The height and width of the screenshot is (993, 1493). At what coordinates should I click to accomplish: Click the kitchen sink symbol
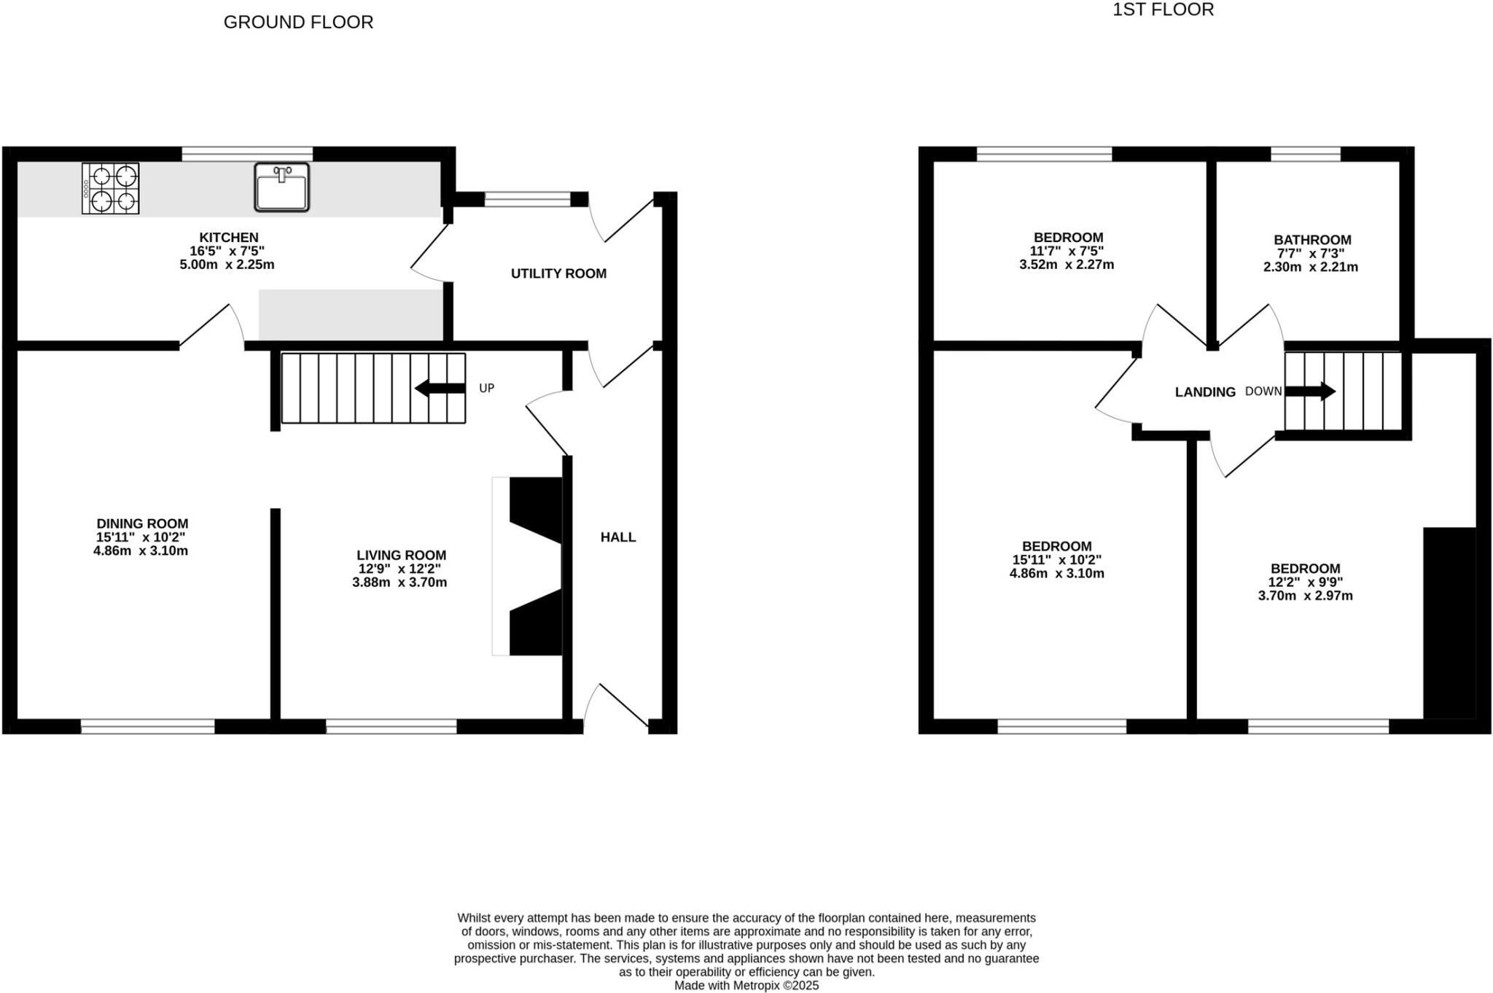pos(282,187)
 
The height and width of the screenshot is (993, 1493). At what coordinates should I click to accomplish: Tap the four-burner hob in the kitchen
pos(111,188)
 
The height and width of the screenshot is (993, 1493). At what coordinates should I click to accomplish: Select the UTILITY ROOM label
pos(558,273)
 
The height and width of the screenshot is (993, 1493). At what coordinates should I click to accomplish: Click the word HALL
pos(618,537)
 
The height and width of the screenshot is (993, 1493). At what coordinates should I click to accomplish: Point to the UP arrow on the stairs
pos(440,389)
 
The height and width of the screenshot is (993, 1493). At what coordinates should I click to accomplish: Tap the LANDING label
pos(1205,392)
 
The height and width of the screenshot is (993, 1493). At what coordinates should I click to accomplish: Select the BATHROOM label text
pos(1312,240)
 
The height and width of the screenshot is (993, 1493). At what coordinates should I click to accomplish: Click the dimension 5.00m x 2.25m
pos(227,265)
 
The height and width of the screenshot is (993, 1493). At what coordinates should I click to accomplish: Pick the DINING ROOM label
pos(142,523)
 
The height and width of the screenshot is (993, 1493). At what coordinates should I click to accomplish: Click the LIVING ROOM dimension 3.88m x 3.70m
pos(399,583)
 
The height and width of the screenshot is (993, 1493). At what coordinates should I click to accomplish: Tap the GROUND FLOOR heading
pos(298,23)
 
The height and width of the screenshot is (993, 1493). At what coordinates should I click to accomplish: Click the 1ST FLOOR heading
pos(1163,10)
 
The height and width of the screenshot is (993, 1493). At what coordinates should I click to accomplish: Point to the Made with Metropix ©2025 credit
pos(746,986)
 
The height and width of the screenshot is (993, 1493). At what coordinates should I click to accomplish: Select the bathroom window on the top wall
pos(1305,154)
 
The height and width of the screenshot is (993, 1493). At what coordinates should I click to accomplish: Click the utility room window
pos(527,199)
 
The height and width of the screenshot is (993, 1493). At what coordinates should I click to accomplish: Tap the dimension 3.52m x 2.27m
pos(1067,265)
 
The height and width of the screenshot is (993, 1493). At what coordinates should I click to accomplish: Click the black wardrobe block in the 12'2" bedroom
pos(1449,623)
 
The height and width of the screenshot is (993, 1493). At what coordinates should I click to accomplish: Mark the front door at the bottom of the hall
pos(616,707)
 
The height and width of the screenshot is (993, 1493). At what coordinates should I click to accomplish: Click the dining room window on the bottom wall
pos(147,726)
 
